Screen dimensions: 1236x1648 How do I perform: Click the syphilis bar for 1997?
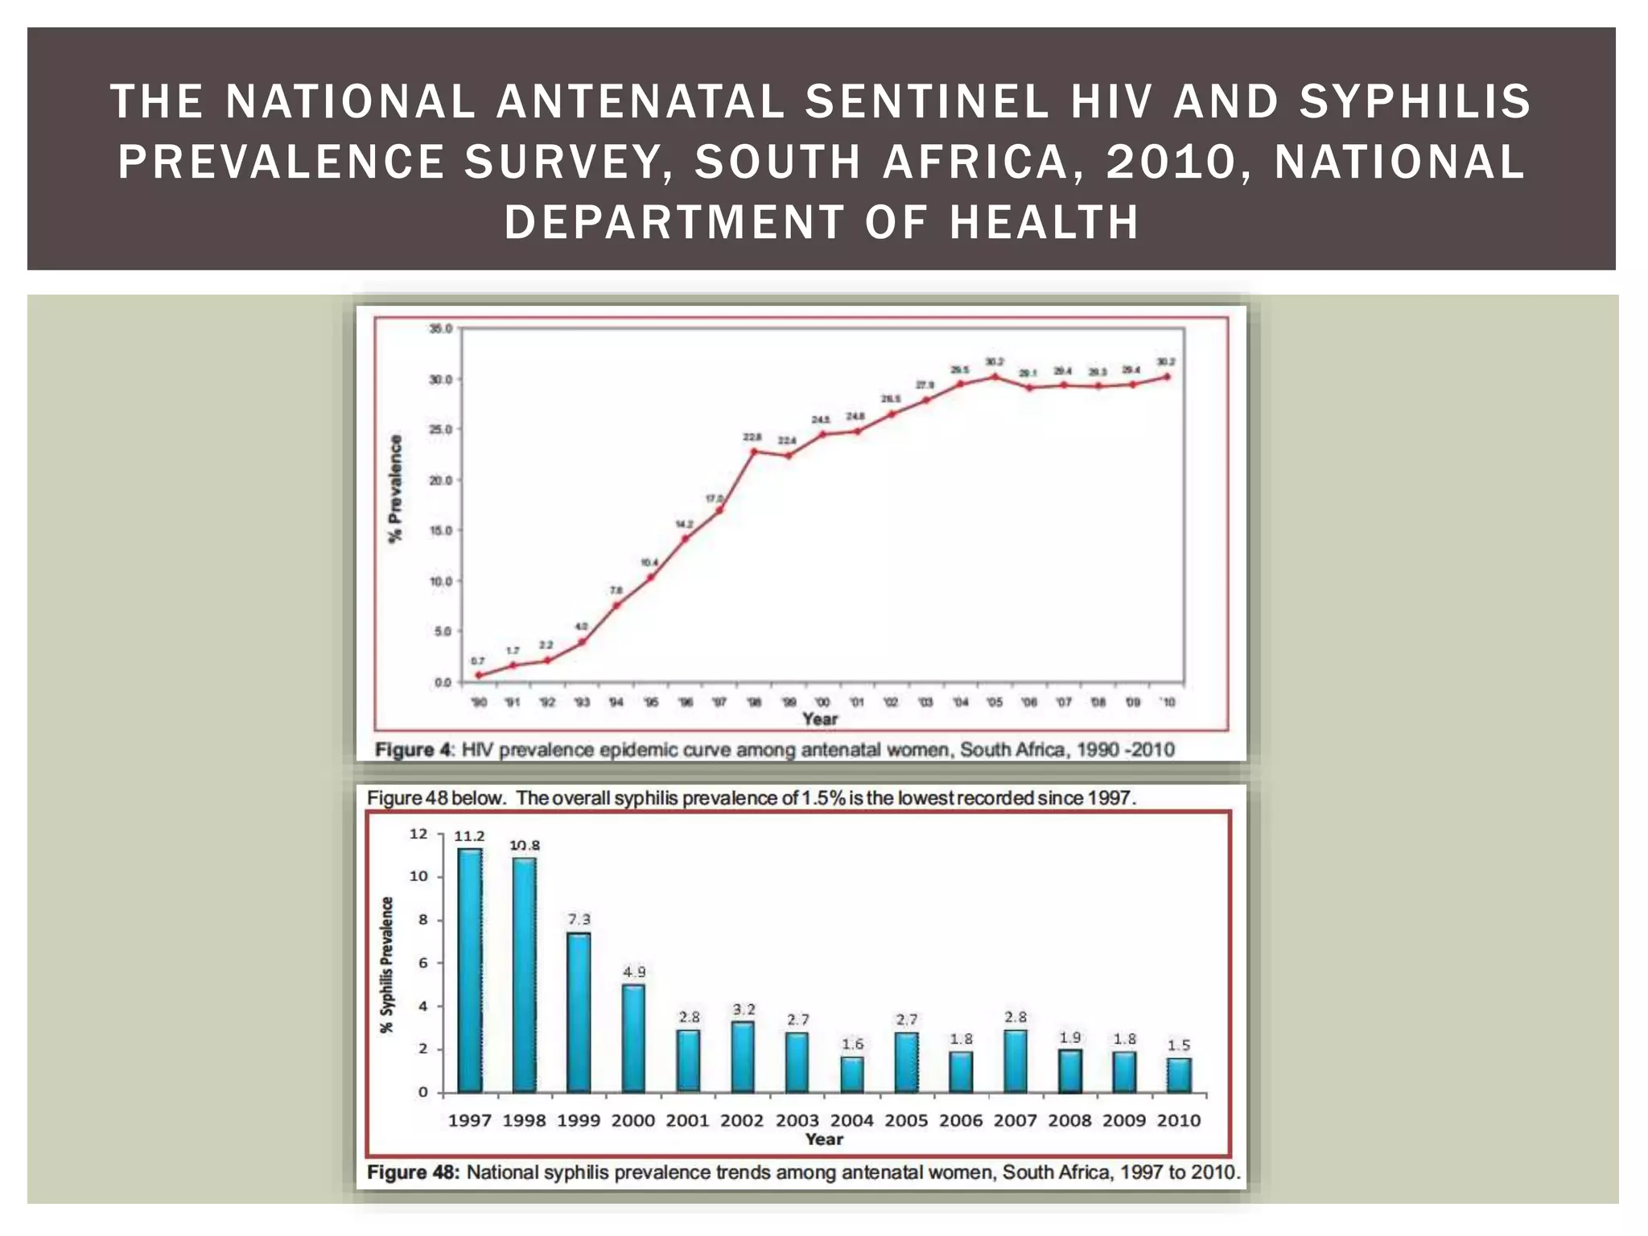click(x=470, y=970)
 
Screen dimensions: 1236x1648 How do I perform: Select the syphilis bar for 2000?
click(x=633, y=1038)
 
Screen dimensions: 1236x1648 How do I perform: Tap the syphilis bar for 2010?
click(x=1179, y=1075)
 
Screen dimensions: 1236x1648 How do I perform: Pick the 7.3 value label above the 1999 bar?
click(x=579, y=919)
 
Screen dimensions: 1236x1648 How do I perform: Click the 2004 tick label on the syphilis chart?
click(x=851, y=1120)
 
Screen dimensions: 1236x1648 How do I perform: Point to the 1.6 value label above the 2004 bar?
click(x=852, y=1044)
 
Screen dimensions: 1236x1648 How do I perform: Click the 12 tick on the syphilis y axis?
click(x=418, y=834)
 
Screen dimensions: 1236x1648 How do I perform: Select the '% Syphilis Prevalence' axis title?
click(x=387, y=965)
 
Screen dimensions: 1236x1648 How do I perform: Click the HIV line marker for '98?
click(x=754, y=451)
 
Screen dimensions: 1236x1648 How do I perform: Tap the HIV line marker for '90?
click(x=479, y=675)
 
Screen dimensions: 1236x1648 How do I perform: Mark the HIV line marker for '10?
click(x=1168, y=377)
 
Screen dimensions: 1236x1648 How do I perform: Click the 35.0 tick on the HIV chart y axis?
click(x=440, y=328)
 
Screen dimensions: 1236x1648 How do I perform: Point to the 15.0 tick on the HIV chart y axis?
click(x=440, y=530)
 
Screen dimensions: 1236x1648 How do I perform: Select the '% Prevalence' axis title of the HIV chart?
click(x=395, y=488)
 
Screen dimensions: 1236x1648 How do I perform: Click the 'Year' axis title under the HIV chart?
click(x=820, y=719)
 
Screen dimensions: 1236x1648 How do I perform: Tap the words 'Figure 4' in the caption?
click(x=414, y=750)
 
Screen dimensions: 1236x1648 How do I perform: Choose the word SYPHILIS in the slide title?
click(x=1415, y=101)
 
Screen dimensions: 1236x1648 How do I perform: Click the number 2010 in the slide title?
click(x=1172, y=161)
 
